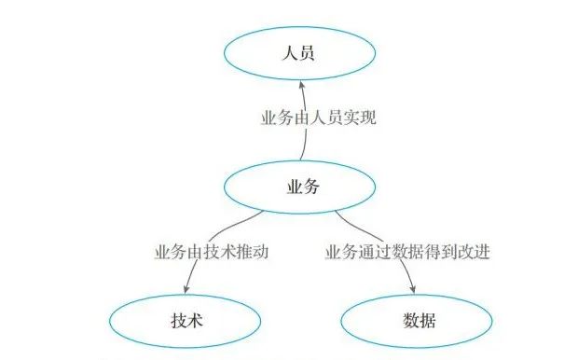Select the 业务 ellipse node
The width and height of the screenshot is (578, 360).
[x=300, y=187]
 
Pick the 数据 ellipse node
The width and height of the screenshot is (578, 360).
[x=418, y=320]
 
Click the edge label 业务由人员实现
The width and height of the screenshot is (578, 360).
[x=318, y=118]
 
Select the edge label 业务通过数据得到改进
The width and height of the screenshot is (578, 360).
[x=407, y=253]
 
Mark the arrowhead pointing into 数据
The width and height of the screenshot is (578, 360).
[x=413, y=286]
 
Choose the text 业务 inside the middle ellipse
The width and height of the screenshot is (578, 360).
[x=300, y=187]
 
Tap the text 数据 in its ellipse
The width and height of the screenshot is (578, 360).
[x=418, y=320]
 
